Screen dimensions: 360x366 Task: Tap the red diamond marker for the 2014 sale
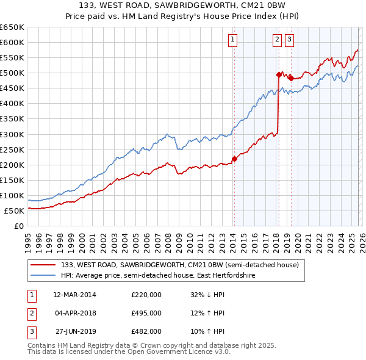pyautogui.click(x=234, y=159)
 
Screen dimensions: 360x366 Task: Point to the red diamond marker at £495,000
pyautogui.click(x=279, y=74)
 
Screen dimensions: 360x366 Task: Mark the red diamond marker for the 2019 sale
pyautogui.click(x=291, y=78)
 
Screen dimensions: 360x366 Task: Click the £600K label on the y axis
pyautogui.click(x=12, y=42)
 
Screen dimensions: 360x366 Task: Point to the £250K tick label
pyautogui.click(x=12, y=149)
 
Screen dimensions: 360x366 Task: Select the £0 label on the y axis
pyautogui.click(x=18, y=226)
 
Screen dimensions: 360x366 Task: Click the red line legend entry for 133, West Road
pyautogui.click(x=180, y=265)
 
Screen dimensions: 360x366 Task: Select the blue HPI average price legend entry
pyautogui.click(x=157, y=276)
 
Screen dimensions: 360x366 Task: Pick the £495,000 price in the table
pyautogui.click(x=146, y=313)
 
